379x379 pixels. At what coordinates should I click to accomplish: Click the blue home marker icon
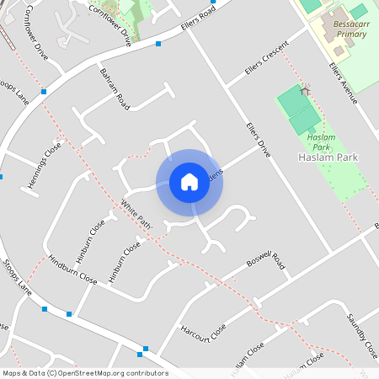[189, 182]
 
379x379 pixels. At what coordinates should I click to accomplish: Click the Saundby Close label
[362, 332]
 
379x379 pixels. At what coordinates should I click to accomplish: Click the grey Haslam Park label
[329, 157]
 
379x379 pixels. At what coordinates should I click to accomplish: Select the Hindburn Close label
[72, 270]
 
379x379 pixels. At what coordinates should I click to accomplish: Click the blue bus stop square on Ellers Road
[158, 44]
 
